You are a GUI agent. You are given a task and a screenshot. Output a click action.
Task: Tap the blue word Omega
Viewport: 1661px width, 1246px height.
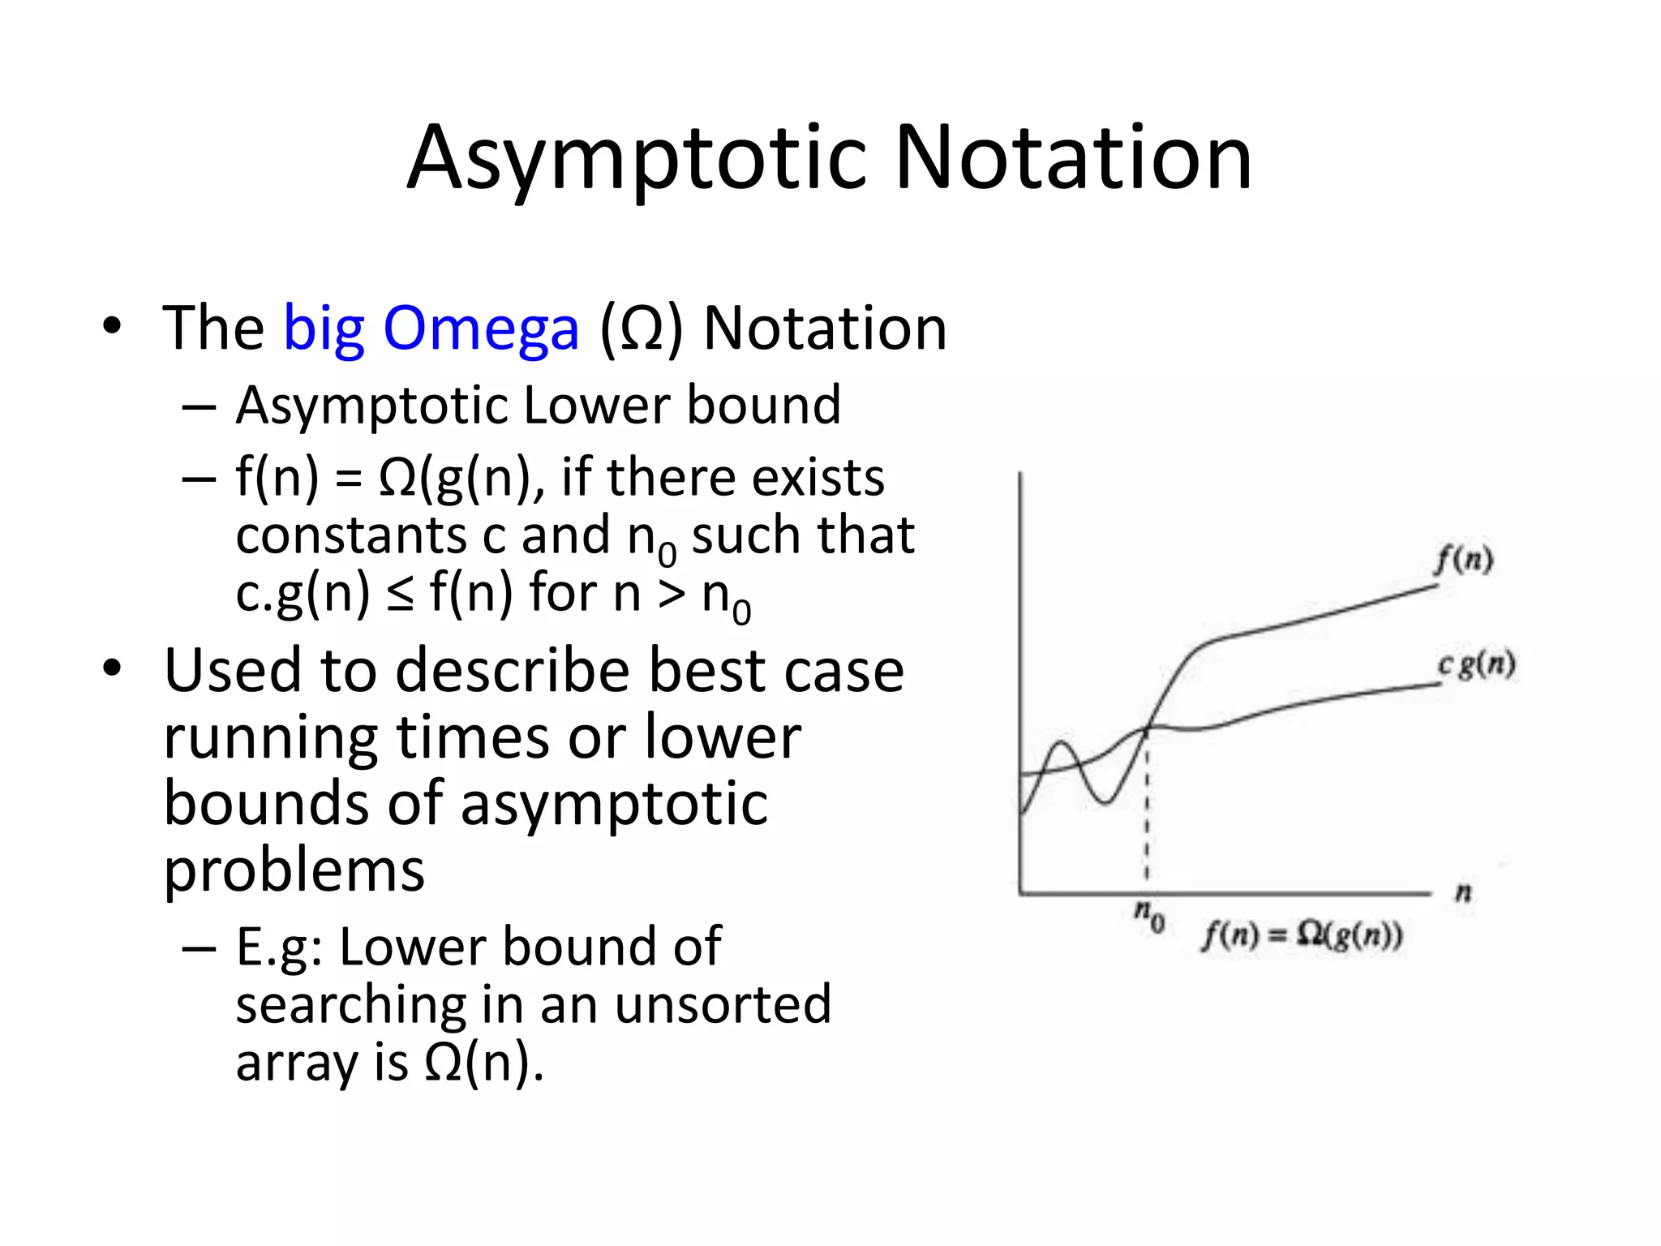tap(481, 329)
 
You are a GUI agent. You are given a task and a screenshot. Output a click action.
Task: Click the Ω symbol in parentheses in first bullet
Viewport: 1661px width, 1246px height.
tap(642, 329)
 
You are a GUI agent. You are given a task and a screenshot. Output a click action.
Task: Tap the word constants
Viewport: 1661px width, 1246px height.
tap(350, 535)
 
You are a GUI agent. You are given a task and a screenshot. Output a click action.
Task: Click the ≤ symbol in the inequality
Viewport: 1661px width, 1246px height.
tap(399, 595)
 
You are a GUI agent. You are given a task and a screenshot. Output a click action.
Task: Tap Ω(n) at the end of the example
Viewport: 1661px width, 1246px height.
tap(483, 1062)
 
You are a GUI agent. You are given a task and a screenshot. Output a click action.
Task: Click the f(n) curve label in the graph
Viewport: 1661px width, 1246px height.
tap(1463, 560)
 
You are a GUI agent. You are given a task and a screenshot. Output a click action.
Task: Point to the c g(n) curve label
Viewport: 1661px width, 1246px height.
tap(1476, 665)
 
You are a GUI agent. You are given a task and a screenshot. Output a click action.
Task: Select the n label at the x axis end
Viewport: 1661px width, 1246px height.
tap(1463, 893)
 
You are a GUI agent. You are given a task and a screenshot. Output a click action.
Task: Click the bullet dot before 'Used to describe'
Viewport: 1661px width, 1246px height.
tap(112, 669)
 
